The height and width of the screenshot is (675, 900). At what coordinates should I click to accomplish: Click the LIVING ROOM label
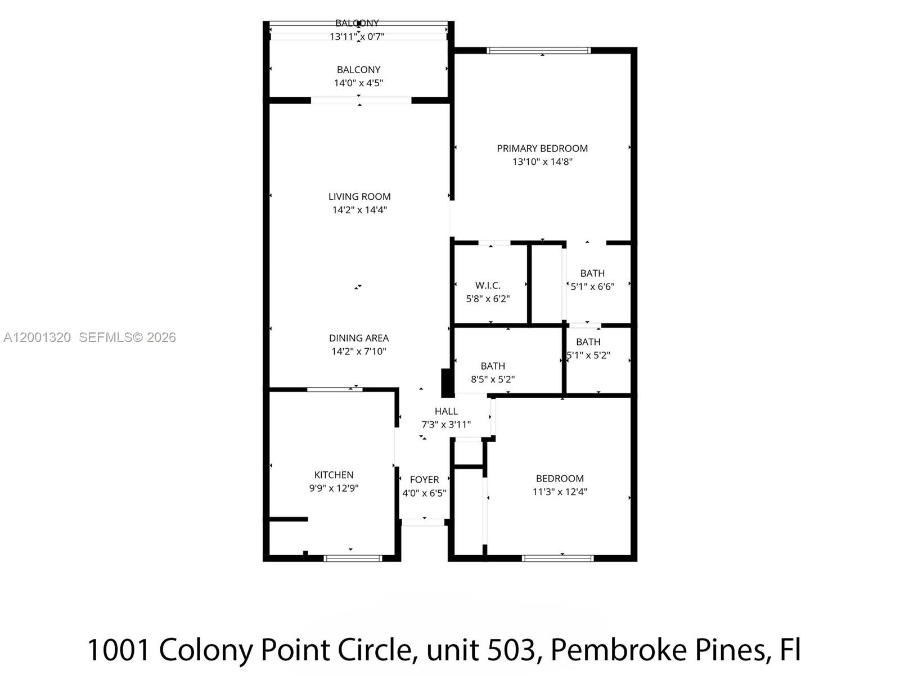coord(359,196)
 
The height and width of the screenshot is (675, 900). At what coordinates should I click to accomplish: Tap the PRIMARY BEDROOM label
coord(542,148)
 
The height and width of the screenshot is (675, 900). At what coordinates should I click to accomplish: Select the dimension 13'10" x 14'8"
coord(542,162)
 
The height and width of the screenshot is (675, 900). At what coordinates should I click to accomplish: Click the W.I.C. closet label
coord(488,286)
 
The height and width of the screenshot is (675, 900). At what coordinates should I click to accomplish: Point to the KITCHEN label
coord(334,475)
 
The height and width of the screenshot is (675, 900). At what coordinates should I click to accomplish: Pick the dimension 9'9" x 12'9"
coord(334,488)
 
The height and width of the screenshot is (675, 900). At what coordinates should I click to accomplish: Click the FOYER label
coord(424,480)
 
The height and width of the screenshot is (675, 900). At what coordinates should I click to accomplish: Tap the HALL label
coord(446,411)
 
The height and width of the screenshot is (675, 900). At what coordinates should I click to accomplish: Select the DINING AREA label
coord(359,338)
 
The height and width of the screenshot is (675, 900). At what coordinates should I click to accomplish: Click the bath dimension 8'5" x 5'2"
coord(493,380)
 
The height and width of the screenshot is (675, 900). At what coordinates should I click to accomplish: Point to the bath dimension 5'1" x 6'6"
coord(592,286)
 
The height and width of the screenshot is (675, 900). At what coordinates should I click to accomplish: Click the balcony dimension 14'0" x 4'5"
coord(358,83)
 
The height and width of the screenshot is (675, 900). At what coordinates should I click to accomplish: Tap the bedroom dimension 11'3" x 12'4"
coord(560,492)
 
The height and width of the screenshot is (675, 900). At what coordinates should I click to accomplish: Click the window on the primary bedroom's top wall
coord(538,51)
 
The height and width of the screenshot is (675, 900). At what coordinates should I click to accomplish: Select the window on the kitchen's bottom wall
coord(353,558)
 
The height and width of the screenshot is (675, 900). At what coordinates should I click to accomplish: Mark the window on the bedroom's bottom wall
coord(557,558)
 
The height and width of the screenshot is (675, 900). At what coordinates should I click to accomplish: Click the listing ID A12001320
coord(37,337)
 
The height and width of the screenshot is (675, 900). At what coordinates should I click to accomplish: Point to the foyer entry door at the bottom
coord(423,523)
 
